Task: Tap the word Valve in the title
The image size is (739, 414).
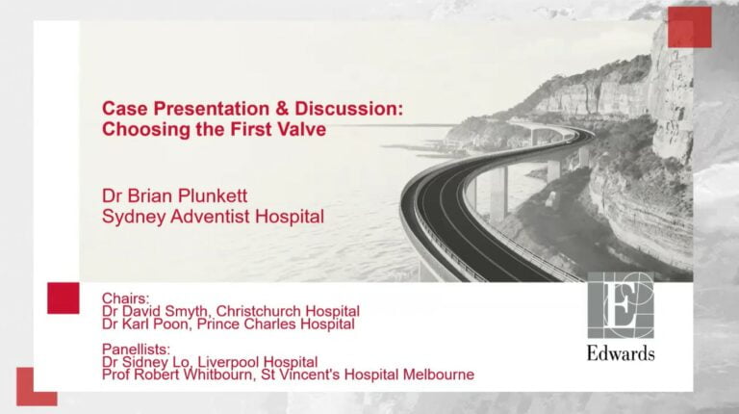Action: (x=302, y=129)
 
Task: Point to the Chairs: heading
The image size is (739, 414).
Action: (x=125, y=298)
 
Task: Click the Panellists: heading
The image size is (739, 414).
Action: (x=136, y=349)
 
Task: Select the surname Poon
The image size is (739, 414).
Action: (x=171, y=323)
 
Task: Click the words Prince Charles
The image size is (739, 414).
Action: (x=246, y=323)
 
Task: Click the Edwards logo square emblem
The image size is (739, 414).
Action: (x=621, y=305)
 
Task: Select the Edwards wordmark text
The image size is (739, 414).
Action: (x=621, y=353)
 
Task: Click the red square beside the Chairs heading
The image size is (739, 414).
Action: (x=64, y=298)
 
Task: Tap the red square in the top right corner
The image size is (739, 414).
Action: (x=690, y=27)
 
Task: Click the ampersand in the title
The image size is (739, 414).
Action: (x=282, y=109)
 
